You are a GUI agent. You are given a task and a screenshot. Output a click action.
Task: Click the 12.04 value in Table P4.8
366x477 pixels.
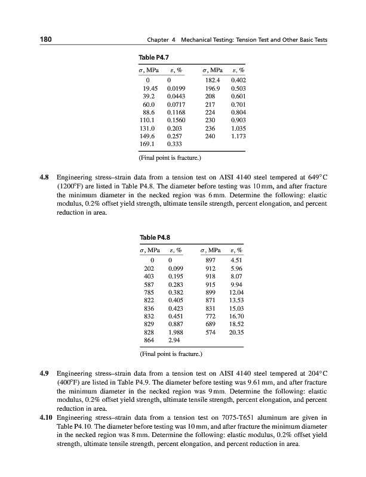tap(236, 284)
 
